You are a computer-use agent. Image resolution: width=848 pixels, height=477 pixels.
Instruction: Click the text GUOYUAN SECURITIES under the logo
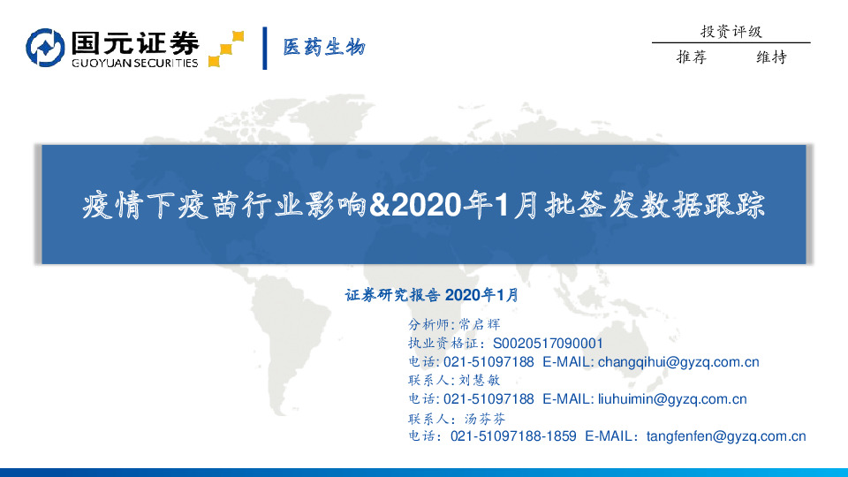coord(134,64)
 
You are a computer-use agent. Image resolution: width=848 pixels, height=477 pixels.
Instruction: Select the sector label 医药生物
coord(323,48)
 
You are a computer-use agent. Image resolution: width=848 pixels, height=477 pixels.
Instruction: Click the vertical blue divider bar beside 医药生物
coord(265,48)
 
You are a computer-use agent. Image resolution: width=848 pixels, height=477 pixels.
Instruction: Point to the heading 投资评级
coord(731,32)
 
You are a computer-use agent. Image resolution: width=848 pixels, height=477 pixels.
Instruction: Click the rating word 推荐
coord(692,57)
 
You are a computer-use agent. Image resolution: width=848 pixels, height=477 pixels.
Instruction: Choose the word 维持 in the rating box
coord(771,57)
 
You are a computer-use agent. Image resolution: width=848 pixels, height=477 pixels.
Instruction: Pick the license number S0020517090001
coord(548,343)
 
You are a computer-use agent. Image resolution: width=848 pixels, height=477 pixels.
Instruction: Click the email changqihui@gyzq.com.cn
coord(678,362)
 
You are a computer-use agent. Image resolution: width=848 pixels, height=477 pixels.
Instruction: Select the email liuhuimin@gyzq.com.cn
coord(672,399)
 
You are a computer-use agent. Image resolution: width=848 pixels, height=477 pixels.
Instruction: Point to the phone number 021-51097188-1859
coord(513,436)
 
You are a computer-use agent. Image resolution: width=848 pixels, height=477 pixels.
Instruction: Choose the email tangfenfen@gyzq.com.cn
coord(726,436)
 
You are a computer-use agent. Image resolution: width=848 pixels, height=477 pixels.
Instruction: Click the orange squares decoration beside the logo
coord(226,49)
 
